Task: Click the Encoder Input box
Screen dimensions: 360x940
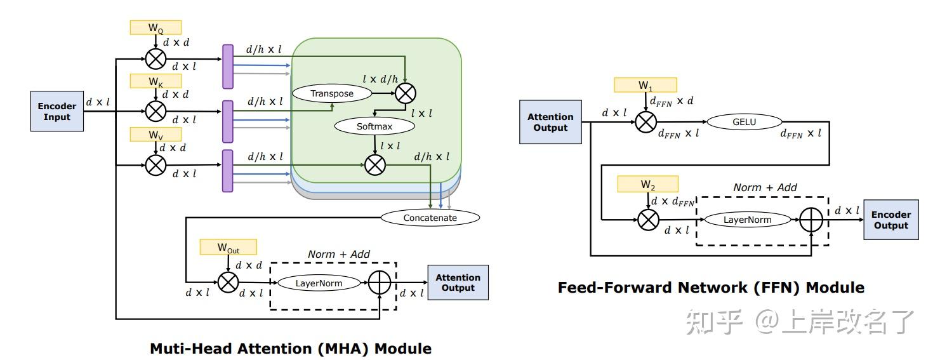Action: click(57, 111)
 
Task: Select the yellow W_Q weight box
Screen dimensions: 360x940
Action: click(156, 27)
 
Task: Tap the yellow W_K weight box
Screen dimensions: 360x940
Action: click(156, 81)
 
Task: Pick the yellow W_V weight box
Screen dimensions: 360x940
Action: click(156, 134)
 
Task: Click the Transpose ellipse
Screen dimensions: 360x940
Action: click(332, 93)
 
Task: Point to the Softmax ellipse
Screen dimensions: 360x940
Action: click(374, 126)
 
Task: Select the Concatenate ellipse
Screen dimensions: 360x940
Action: click(430, 218)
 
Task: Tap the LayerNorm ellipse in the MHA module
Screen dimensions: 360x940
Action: click(319, 283)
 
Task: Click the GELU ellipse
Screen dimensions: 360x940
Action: click(745, 122)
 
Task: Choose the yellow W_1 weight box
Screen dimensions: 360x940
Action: click(645, 84)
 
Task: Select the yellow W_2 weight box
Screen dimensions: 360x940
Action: click(647, 184)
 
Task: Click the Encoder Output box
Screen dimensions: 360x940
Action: click(890, 220)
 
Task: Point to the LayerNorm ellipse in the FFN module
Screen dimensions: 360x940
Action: click(747, 220)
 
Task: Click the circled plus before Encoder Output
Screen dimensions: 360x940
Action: click(811, 220)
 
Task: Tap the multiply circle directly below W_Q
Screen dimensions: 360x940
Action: click(156, 58)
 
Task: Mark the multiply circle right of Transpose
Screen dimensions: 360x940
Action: click(406, 93)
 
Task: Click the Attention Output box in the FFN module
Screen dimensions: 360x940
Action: click(550, 122)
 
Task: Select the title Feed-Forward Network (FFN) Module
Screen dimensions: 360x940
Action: click(711, 288)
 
